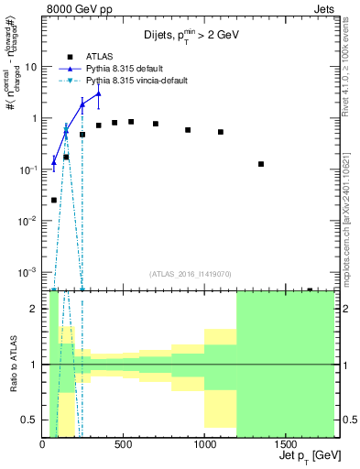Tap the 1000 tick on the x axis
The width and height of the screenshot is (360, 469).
(x=204, y=445)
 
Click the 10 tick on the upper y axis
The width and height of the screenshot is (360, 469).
(x=33, y=67)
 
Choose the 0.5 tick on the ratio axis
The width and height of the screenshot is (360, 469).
(x=30, y=420)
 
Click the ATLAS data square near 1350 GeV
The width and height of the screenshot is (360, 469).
(x=261, y=164)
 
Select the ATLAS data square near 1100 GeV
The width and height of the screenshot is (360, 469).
(x=221, y=132)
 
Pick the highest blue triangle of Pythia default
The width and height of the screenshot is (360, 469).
(x=98, y=93)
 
